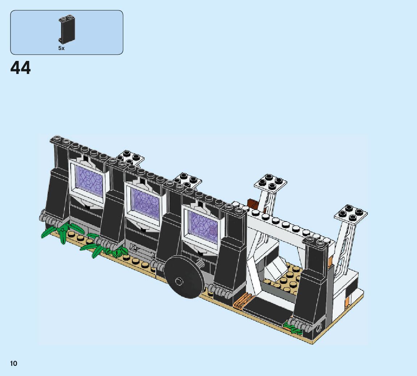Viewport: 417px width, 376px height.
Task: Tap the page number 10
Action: point(13,364)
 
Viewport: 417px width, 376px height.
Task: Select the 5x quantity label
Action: point(62,48)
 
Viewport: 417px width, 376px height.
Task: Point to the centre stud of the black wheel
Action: point(179,281)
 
